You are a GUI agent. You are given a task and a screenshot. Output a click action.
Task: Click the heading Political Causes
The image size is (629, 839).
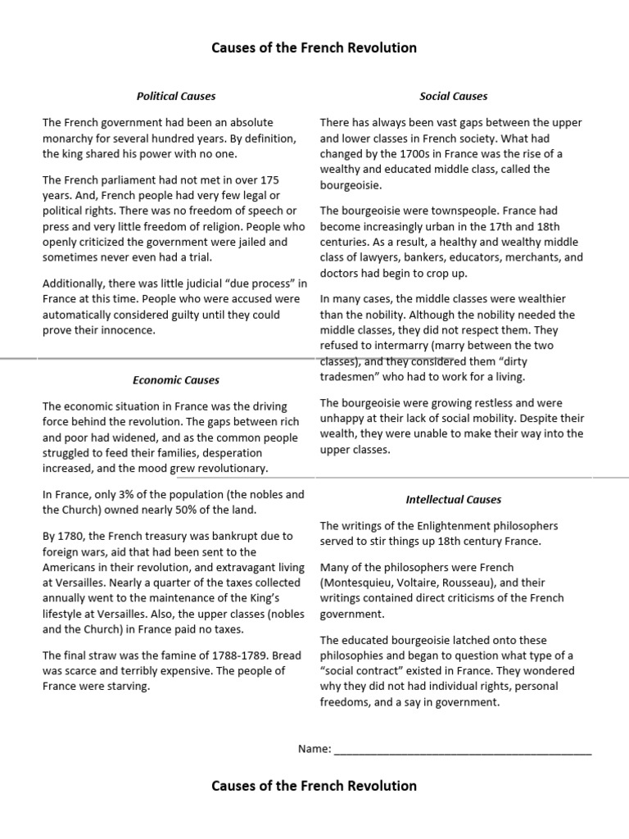tap(176, 96)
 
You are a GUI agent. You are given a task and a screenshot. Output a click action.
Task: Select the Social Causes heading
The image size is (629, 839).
tap(453, 96)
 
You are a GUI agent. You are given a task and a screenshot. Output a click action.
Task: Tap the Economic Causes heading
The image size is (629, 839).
tap(176, 380)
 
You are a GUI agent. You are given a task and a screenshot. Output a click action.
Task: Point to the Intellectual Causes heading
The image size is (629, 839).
tap(453, 499)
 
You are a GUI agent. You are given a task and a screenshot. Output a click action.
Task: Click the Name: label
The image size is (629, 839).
tap(314, 748)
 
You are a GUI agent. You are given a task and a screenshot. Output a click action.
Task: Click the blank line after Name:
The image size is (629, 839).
tap(463, 750)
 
